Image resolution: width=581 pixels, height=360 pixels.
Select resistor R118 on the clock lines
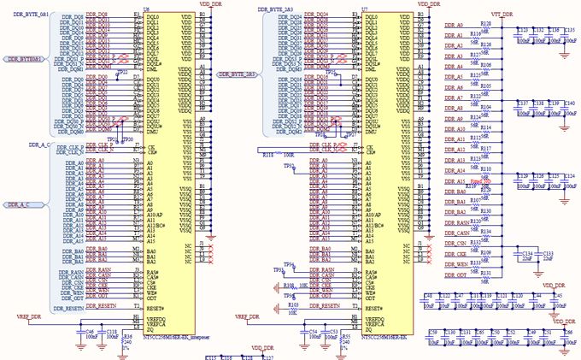pyautogui.click(x=267, y=156)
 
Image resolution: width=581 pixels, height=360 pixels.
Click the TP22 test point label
pyautogui.click(x=124, y=73)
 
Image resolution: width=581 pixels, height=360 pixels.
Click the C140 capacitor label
pyautogui.click(x=570, y=103)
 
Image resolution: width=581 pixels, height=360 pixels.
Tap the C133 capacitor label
pyautogui.click(x=548, y=254)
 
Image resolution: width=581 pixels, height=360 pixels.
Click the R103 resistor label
pyautogui.click(x=292, y=304)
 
